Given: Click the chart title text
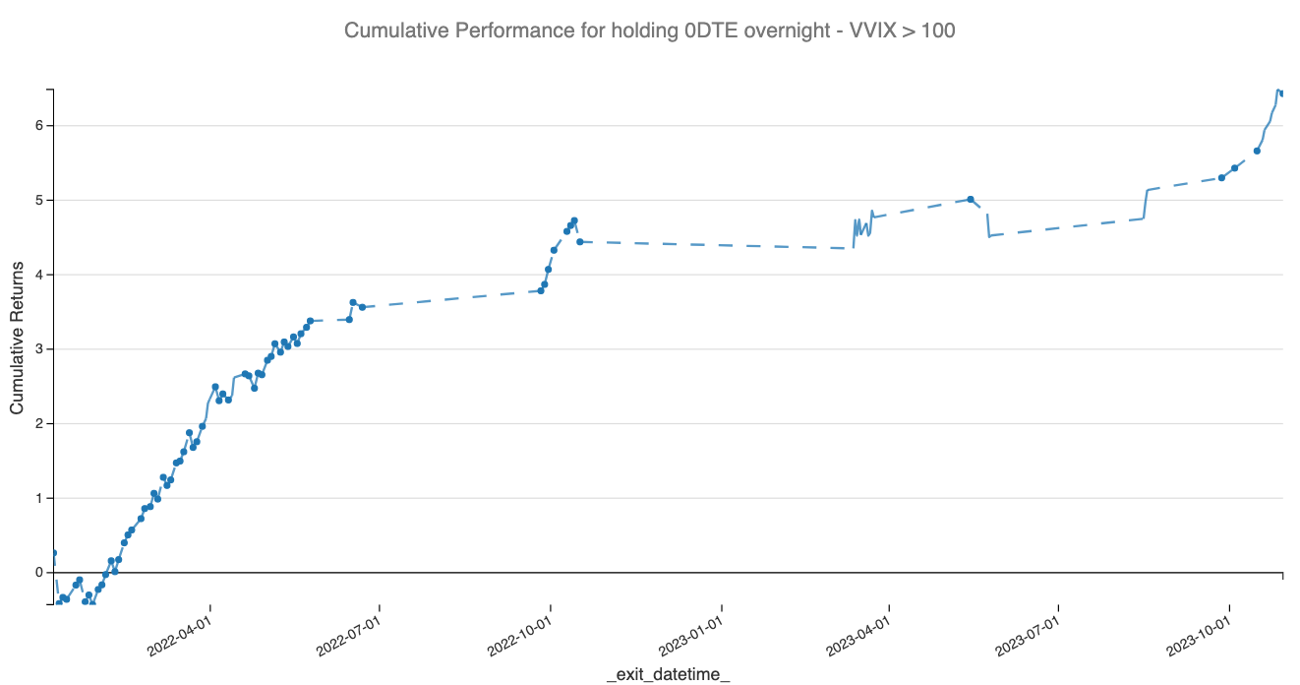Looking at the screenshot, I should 649,31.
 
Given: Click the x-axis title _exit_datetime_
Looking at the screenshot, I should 668,674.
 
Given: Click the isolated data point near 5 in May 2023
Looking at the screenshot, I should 971,199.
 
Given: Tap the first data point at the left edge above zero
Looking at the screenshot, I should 54,553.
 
